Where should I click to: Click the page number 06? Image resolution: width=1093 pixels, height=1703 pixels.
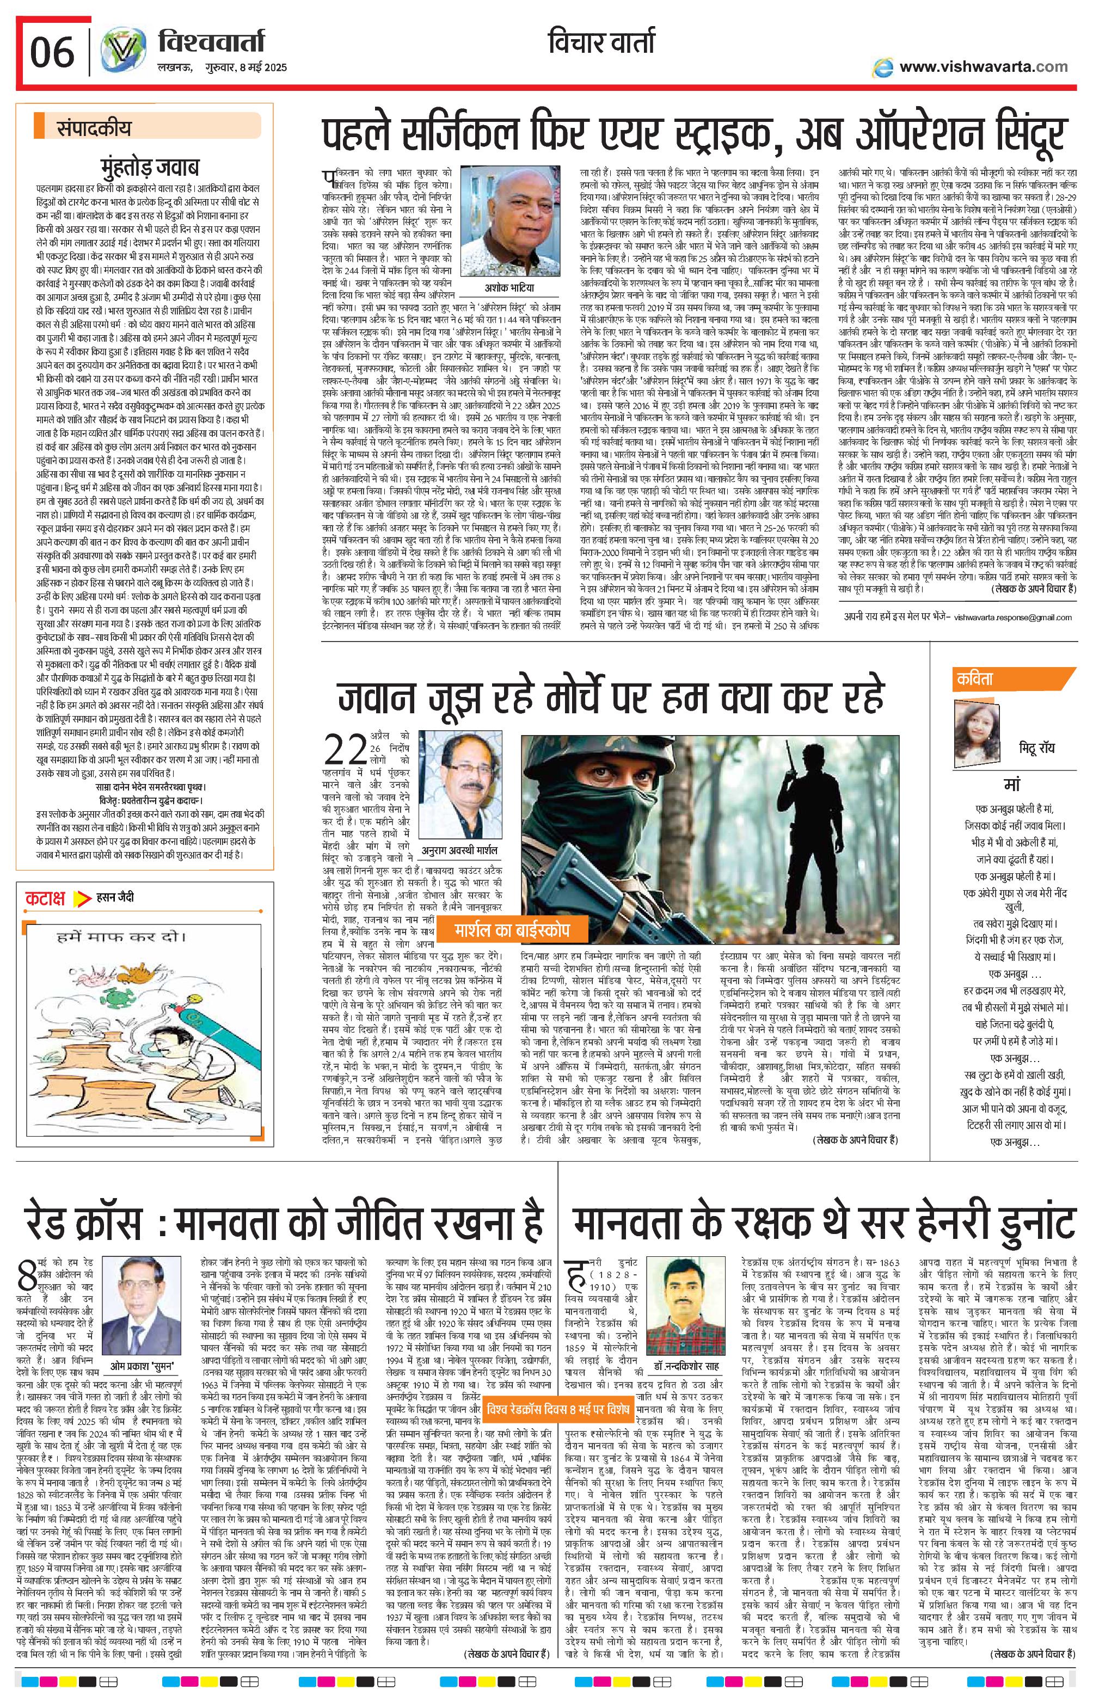coord(52,52)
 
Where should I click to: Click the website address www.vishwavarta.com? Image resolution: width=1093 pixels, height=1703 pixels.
coord(983,67)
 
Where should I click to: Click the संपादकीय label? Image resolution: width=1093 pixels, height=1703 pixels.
coord(94,128)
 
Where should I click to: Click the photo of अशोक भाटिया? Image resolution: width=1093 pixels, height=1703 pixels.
coord(505,221)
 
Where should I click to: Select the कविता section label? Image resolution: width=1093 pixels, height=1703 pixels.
coord(977,679)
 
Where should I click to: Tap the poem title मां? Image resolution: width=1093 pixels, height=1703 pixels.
coord(1011,785)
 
